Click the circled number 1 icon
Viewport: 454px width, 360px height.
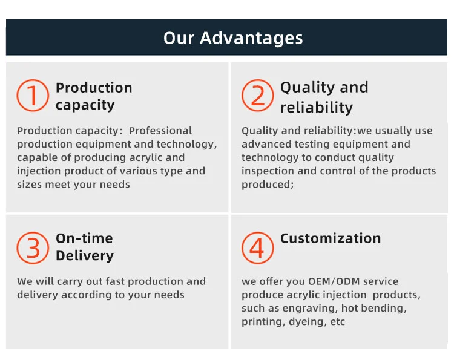coord(33,96)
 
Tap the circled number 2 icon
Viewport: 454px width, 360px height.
coord(258,96)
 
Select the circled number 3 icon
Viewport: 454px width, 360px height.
coord(33,247)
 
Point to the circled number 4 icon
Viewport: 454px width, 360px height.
coord(258,247)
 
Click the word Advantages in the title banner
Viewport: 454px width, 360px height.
coord(251,39)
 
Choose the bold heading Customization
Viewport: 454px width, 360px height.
coord(331,238)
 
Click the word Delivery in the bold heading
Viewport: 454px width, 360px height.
coord(85,256)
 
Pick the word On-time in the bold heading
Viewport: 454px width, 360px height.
coord(84,238)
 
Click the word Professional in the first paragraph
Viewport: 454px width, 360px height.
coord(160,131)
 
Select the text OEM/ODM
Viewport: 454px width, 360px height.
coord(334,281)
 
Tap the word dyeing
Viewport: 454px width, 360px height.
coord(308,322)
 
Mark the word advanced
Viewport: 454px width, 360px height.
coord(266,144)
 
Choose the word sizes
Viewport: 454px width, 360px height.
coord(30,185)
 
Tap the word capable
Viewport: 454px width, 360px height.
coord(35,158)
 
